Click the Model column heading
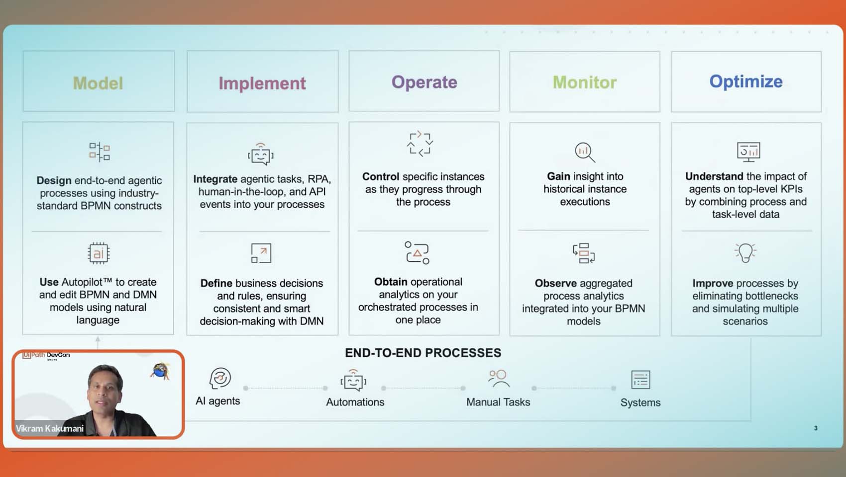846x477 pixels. [x=98, y=83]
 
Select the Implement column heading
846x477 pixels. [x=262, y=83]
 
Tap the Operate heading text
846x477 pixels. [x=424, y=82]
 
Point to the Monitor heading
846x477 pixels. [x=585, y=82]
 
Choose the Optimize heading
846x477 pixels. [x=746, y=81]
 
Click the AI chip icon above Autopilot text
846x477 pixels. [x=99, y=253]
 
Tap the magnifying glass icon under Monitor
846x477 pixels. [x=585, y=153]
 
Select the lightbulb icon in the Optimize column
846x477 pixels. [x=745, y=252]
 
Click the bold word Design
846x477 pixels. [x=54, y=181]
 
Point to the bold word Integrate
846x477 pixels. [x=215, y=179]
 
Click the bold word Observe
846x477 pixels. [x=555, y=283]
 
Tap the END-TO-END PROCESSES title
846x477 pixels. [x=423, y=353]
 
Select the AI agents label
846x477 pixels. [x=217, y=401]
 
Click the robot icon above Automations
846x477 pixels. [x=353, y=380]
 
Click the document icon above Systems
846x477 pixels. [x=640, y=379]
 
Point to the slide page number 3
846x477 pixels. [x=816, y=428]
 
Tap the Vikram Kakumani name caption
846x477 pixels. [x=49, y=429]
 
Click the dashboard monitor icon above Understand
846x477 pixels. [x=748, y=152]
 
